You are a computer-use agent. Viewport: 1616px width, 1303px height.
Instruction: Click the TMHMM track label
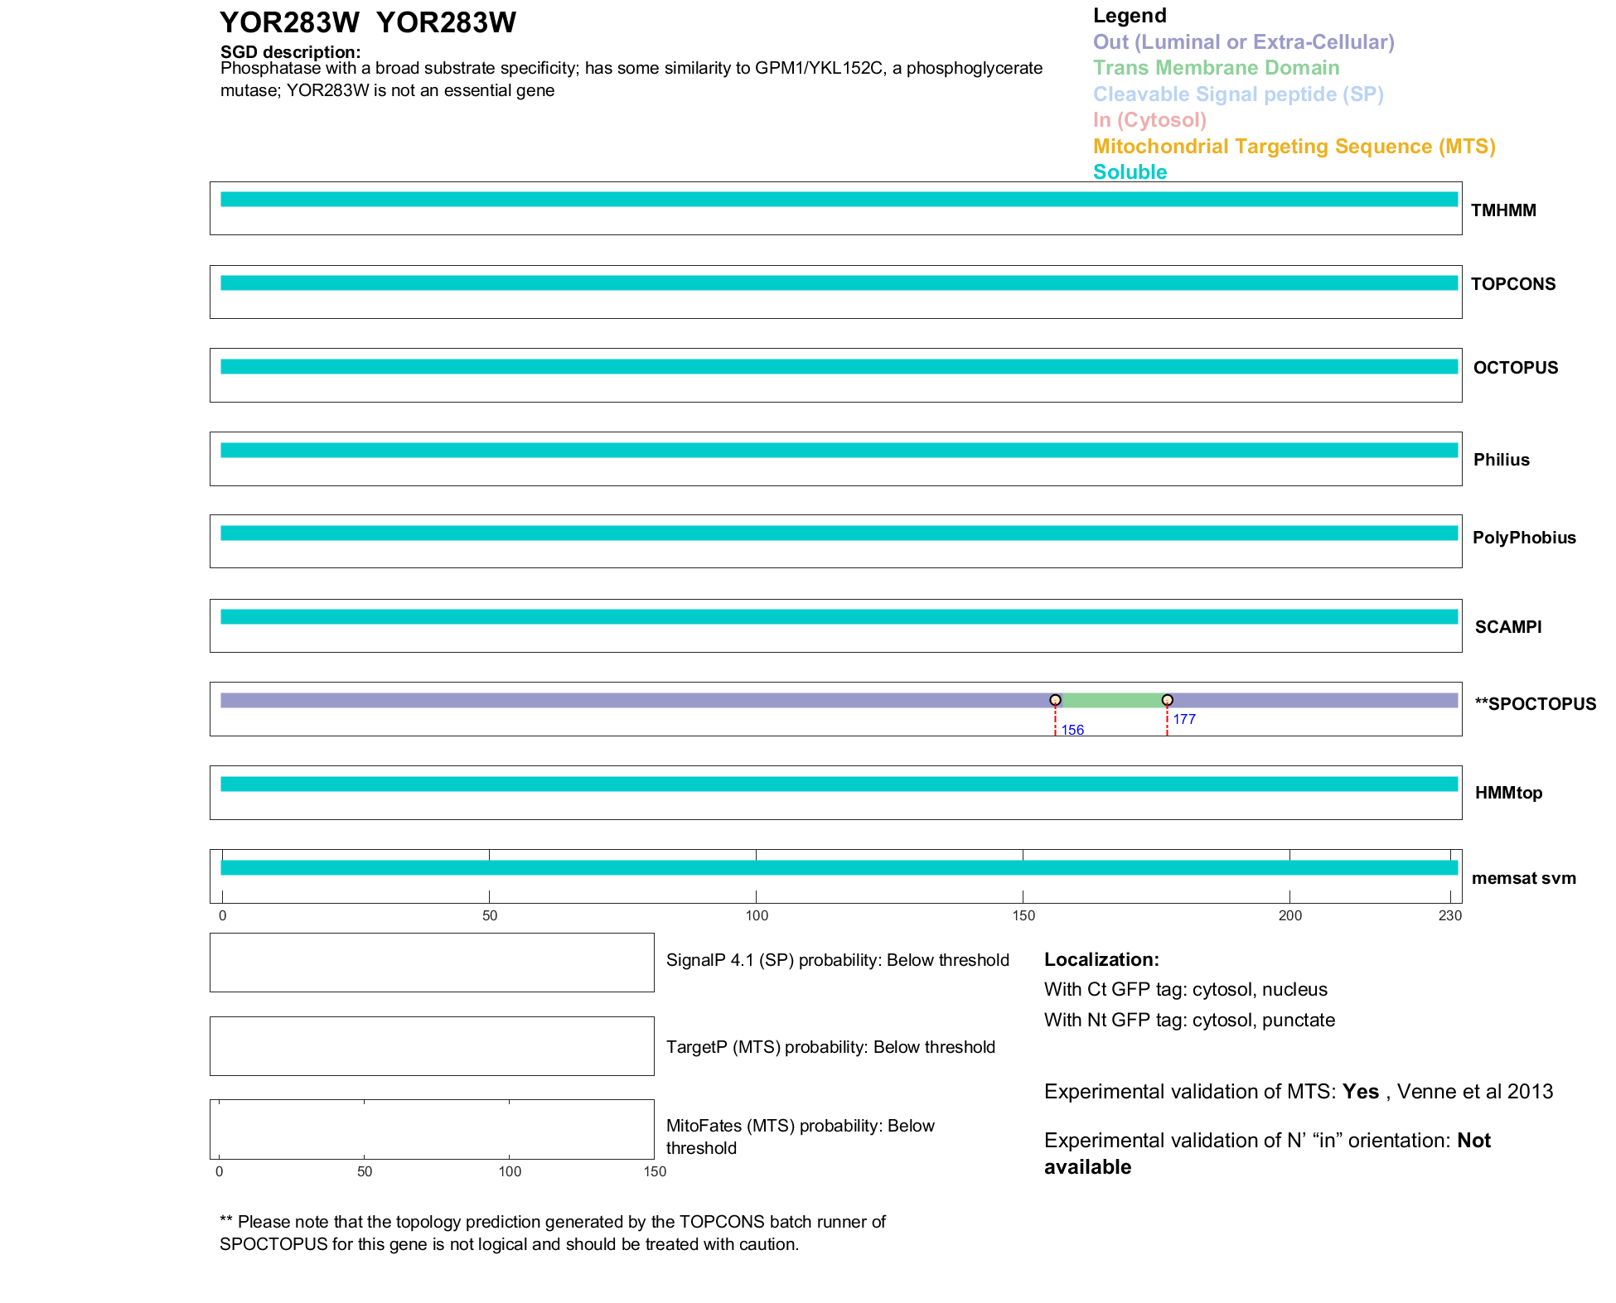tap(1502, 210)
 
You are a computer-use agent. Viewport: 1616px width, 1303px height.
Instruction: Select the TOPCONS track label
tap(1512, 284)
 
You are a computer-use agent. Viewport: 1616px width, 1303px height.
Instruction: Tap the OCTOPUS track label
tap(1515, 368)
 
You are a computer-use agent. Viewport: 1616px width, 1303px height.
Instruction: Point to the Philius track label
tap(1501, 460)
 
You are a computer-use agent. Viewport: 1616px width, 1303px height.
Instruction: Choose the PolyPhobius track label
tap(1523, 538)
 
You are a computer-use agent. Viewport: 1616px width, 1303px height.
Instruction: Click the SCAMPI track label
tap(1507, 627)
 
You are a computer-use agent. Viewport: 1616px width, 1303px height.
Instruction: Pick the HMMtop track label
tap(1508, 793)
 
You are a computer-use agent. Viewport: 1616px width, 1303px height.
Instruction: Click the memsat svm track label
tap(1523, 878)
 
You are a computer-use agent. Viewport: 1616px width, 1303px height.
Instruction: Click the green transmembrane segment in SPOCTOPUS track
tap(1110, 701)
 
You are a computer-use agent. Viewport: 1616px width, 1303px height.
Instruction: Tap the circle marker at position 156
tap(1055, 700)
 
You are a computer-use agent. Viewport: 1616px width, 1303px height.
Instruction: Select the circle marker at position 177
tap(1167, 700)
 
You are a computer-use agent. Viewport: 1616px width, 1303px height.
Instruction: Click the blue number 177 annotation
tap(1184, 719)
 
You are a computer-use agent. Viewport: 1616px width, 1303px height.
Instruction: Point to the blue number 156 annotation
tap(1072, 730)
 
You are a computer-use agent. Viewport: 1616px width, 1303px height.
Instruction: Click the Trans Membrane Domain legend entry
tap(1216, 68)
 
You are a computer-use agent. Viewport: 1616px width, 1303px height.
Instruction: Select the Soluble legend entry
tap(1130, 172)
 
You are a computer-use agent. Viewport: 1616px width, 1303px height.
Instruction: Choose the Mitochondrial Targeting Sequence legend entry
tap(1294, 147)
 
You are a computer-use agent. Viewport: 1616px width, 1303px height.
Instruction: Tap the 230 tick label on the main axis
tap(1449, 915)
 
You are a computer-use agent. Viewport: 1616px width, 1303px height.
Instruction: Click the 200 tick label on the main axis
tap(1289, 915)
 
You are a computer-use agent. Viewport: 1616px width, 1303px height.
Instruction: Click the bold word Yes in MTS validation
tap(1360, 1092)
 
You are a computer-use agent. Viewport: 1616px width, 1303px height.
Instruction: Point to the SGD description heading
tap(290, 52)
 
